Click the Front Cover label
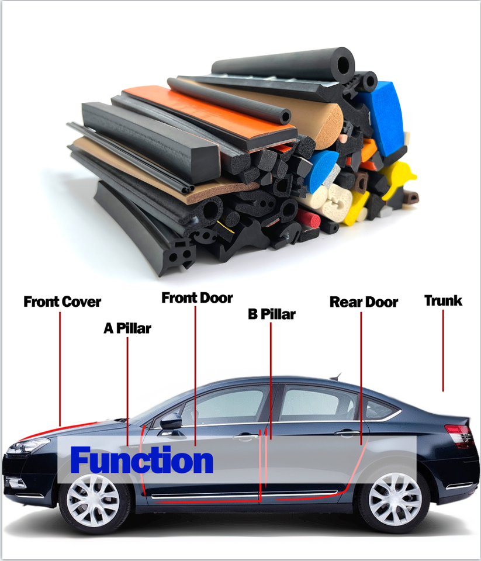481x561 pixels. pyautogui.click(x=62, y=302)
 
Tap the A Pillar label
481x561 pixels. pyautogui.click(x=127, y=328)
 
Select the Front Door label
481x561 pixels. pyautogui.click(x=197, y=298)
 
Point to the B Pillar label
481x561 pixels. pyautogui.click(x=271, y=314)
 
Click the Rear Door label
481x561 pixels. pyautogui.click(x=364, y=302)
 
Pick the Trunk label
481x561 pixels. pyautogui.click(x=443, y=301)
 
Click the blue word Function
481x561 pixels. pyautogui.click(x=141, y=460)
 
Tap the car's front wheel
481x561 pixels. pyautogui.click(x=94, y=500)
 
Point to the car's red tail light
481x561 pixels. pyautogui.click(x=460, y=435)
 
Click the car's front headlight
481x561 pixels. pyautogui.click(x=26, y=446)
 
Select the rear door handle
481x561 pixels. pyautogui.click(x=347, y=432)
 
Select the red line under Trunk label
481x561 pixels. pyautogui.click(x=443, y=351)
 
